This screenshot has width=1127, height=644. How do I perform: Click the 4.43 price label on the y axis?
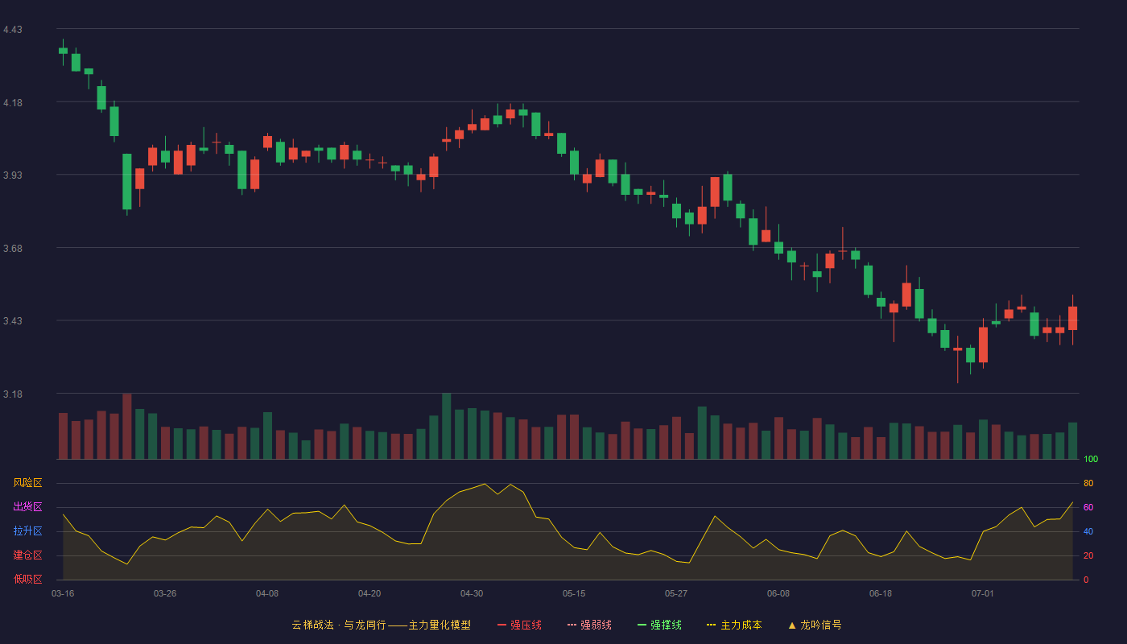click(x=13, y=30)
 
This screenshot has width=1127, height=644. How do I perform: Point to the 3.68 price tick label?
click(x=13, y=249)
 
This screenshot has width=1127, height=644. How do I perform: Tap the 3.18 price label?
click(x=13, y=394)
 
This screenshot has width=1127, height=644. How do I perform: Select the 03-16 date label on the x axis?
click(x=63, y=594)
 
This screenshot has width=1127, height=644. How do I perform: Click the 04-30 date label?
click(x=472, y=594)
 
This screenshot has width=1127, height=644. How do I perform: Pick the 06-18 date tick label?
click(x=881, y=594)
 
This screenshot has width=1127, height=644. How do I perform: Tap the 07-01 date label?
click(x=983, y=594)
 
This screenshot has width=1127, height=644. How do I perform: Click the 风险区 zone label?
click(x=27, y=483)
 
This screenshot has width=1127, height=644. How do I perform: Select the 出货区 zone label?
click(x=27, y=506)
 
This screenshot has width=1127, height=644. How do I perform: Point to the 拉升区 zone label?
click(x=27, y=530)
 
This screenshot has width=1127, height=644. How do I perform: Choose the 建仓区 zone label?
click(x=27, y=555)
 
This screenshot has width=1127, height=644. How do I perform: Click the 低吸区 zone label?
click(x=27, y=579)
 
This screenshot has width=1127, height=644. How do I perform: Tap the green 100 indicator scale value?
click(x=1091, y=459)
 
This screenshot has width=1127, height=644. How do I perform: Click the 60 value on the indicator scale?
click(x=1088, y=507)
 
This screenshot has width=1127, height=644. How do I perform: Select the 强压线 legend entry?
click(x=519, y=625)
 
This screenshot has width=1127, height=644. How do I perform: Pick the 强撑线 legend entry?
click(x=659, y=625)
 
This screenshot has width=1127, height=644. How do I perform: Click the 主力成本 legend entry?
click(x=734, y=625)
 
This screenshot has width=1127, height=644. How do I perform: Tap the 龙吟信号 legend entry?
click(x=815, y=625)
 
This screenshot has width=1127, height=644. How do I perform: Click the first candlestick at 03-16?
click(x=63, y=51)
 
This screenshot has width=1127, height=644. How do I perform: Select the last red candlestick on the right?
click(x=1072, y=318)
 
